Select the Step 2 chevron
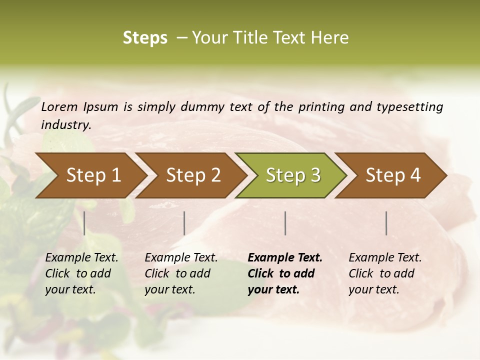coord(193,175)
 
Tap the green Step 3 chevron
coord(293,175)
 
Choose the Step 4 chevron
coord(393,175)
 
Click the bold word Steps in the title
coord(145,37)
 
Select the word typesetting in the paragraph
coord(412,106)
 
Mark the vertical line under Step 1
coord(84,223)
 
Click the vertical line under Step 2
coord(184,223)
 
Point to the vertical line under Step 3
coord(285,223)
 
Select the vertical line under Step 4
coord(386,223)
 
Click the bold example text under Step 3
coord(285,273)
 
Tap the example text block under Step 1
coord(81,273)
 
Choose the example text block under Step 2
coord(181,273)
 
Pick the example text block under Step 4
coord(385,273)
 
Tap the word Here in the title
coord(332,37)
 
